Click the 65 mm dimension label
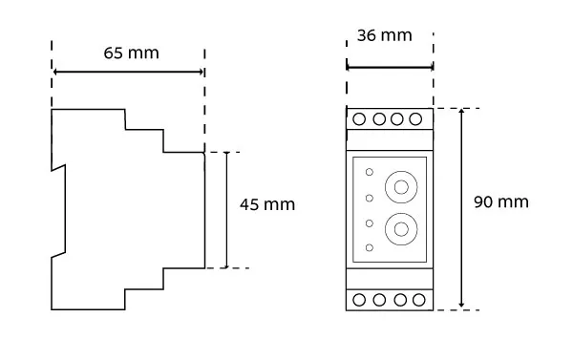[131, 53]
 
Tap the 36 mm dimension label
[385, 36]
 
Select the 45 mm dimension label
[267, 204]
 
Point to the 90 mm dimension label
[501, 202]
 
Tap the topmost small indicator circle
[370, 172]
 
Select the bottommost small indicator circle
[370, 247]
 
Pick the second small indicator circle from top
[370, 198]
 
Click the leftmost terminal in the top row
[359, 119]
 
